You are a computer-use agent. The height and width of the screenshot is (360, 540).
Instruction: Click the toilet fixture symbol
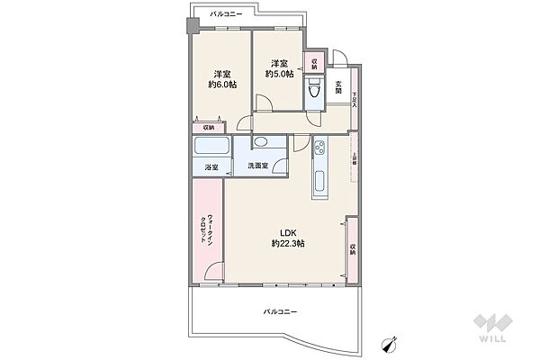[313, 90]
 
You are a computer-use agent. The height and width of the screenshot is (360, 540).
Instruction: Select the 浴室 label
[210, 166]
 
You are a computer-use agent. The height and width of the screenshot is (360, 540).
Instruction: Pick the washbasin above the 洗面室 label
[260, 143]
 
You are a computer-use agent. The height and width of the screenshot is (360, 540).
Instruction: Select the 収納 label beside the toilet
[314, 63]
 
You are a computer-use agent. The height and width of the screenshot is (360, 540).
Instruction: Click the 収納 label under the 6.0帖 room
[209, 128]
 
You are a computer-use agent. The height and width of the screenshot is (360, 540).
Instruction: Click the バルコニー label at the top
[227, 15]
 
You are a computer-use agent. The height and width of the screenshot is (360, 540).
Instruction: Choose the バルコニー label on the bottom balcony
[280, 311]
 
